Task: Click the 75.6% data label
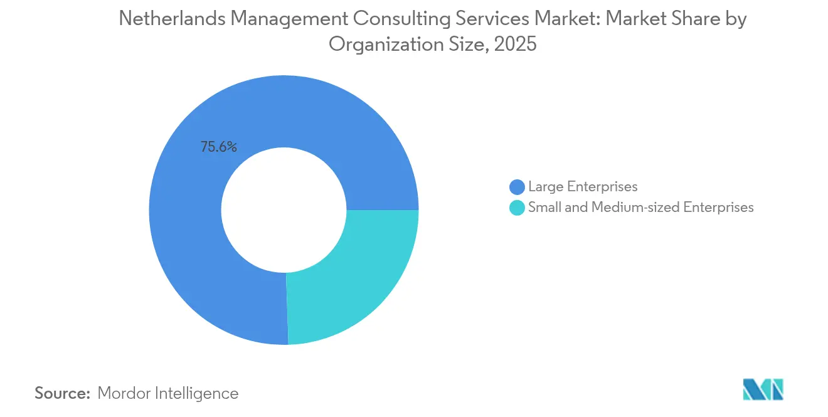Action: (218, 147)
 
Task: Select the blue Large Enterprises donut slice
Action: (188, 251)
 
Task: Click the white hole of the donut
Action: (284, 210)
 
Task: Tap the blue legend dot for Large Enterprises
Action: (517, 187)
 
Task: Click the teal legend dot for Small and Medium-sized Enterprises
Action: (517, 208)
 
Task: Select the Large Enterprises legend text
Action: (583, 187)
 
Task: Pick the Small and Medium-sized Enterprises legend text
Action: (640, 208)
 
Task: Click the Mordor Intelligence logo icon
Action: (763, 389)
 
